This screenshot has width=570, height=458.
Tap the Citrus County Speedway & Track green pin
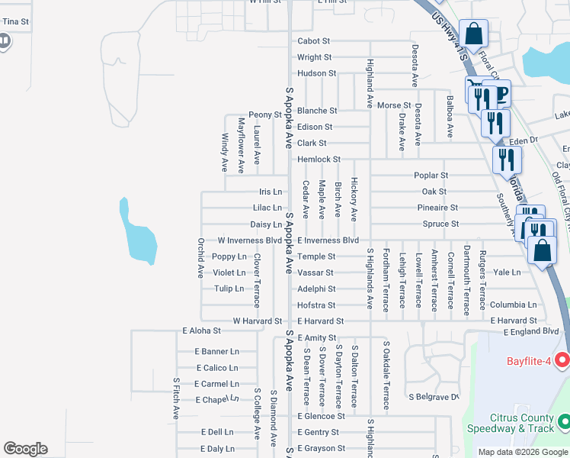tap(564, 421)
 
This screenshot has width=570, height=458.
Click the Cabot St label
tap(313, 40)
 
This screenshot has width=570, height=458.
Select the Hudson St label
tap(316, 73)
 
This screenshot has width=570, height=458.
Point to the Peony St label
tap(266, 114)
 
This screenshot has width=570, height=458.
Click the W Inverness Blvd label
tap(250, 240)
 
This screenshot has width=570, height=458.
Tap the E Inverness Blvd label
tap(328, 240)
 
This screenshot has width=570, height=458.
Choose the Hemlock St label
tap(319, 159)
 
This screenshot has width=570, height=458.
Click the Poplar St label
tap(431, 176)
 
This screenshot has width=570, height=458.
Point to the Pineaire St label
tap(437, 208)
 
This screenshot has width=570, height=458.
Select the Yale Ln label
tap(507, 272)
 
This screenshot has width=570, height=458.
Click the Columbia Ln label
tap(513, 305)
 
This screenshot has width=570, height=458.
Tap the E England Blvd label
tap(530, 331)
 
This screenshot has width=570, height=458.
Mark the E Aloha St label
tap(201, 331)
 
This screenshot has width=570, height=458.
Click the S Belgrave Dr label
tap(435, 397)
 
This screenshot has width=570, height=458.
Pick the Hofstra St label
tap(316, 305)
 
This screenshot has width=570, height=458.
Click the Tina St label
tap(15, 21)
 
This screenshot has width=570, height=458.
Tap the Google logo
tap(25, 449)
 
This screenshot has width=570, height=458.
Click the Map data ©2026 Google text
tap(522, 452)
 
